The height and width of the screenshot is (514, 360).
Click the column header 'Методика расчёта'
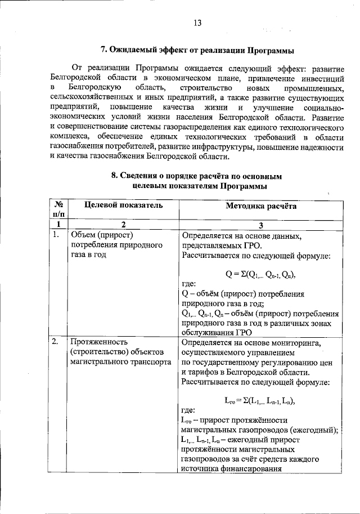(x=261, y=206)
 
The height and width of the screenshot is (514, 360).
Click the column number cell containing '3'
(x=261, y=225)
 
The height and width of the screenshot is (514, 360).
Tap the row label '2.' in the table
(x=55, y=342)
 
